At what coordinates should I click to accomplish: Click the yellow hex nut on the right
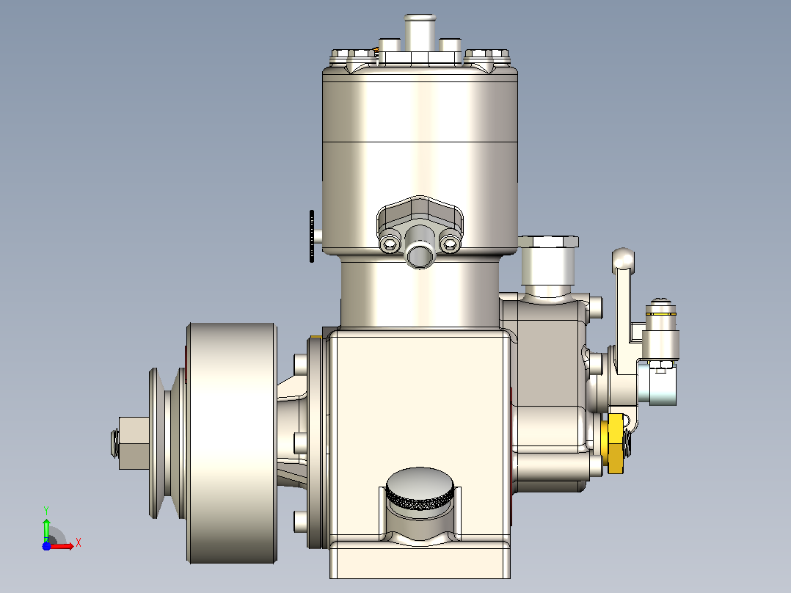[615, 443]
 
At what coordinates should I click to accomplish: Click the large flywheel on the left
[232, 443]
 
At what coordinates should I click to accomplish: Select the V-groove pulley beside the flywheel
[167, 443]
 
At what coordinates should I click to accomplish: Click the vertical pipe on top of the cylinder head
[419, 32]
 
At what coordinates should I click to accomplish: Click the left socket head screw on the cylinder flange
[390, 245]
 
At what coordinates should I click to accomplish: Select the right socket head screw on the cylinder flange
[450, 245]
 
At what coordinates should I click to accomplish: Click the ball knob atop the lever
[624, 258]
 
